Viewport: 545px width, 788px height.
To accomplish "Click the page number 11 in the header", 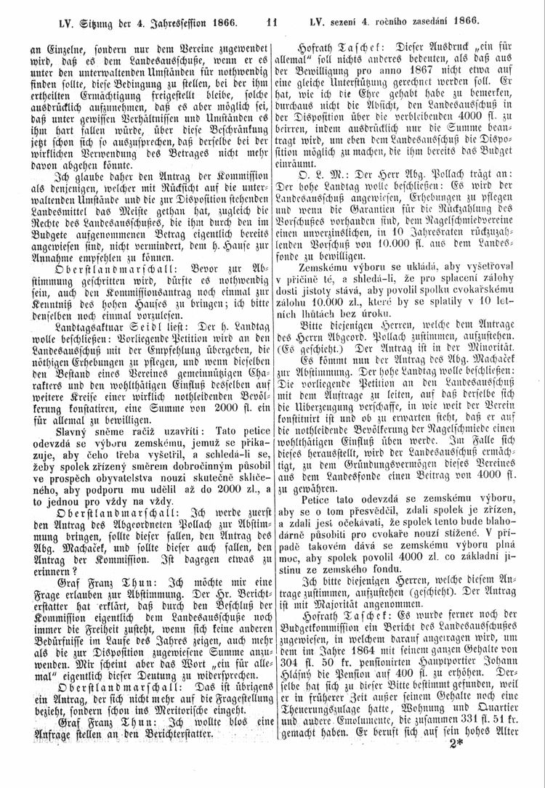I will tap(272, 9).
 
